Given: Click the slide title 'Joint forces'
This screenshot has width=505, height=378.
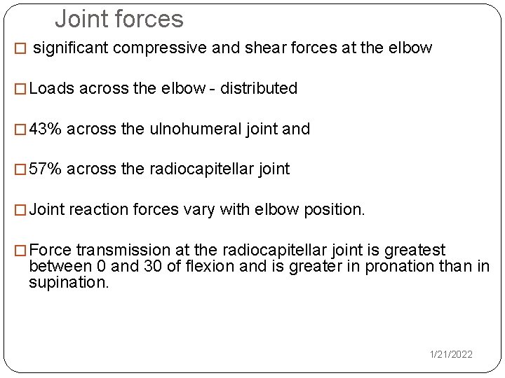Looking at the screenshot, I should pos(119,19).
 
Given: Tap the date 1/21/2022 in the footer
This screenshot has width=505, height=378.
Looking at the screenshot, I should pos(451,355).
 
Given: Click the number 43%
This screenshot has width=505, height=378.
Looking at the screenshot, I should pos(46,129).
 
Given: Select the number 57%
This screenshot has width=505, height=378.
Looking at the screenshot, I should pos(46,169).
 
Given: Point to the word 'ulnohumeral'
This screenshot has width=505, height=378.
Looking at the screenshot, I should pos(189,129).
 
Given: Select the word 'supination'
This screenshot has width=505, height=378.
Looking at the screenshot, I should pos(67,283).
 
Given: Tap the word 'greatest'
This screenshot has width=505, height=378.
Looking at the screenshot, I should pos(415,250).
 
